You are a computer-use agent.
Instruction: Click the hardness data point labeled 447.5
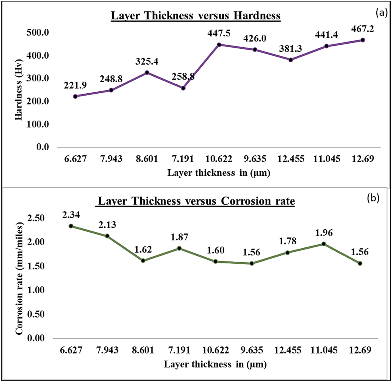point(219,45)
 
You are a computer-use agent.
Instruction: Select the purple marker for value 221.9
point(75,96)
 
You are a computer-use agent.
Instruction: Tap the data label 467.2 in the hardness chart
point(362,29)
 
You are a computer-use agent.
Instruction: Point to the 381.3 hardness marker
point(291,60)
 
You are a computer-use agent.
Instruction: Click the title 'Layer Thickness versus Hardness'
point(195,15)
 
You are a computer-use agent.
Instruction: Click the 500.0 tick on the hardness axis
point(38,33)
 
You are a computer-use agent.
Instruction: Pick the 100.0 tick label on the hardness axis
point(38,124)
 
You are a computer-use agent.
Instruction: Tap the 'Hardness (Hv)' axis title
point(18,90)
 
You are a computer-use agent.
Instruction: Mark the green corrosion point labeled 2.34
point(71,226)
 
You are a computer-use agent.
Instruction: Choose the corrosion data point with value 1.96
point(324,244)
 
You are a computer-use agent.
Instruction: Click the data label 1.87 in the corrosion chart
point(179,237)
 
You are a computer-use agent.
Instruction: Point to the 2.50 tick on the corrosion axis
point(36,218)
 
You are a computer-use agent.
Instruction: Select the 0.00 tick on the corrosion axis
point(36,338)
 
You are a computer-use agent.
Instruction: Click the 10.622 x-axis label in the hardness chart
point(219,159)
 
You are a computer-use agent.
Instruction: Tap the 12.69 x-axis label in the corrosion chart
point(360,350)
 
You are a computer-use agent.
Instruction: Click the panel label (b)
point(373,198)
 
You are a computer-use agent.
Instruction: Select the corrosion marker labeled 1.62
point(143,261)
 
